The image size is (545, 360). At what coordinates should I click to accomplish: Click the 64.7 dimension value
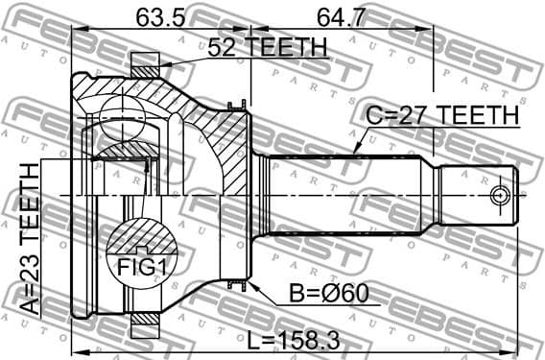[341, 16]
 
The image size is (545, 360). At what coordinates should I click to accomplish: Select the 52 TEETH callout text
[265, 46]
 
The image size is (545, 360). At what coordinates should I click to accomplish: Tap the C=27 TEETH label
[441, 115]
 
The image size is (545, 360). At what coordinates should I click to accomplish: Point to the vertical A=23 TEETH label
[31, 239]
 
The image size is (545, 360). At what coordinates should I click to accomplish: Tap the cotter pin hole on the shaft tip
[498, 196]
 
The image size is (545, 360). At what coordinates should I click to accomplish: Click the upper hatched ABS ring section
[144, 67]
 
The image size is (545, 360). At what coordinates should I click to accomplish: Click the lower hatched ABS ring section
[144, 324]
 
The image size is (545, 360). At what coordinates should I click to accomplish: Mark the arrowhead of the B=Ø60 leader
[251, 285]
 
